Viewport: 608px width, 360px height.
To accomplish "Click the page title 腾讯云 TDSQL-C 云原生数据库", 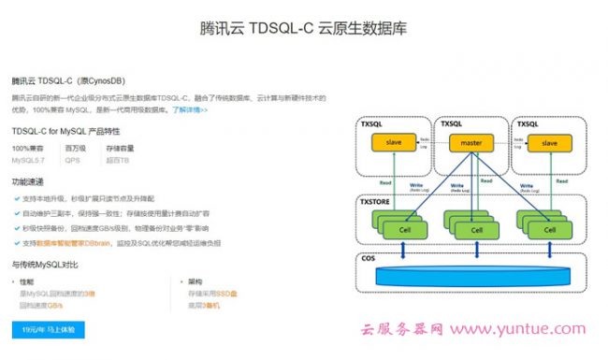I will pyautogui.click(x=304, y=27).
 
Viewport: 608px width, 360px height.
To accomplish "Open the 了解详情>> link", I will pyautogui.click(x=190, y=109).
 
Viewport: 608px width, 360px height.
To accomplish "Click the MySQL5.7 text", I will pyautogui.click(x=27, y=160).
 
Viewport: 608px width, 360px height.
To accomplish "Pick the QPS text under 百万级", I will pyautogui.click(x=72, y=160).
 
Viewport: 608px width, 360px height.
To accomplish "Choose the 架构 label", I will pyautogui.click(x=194, y=281).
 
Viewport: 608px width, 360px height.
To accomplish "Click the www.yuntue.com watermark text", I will pyautogui.click(x=528, y=330).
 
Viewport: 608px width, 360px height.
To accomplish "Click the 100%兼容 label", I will pyautogui.click(x=27, y=148).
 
